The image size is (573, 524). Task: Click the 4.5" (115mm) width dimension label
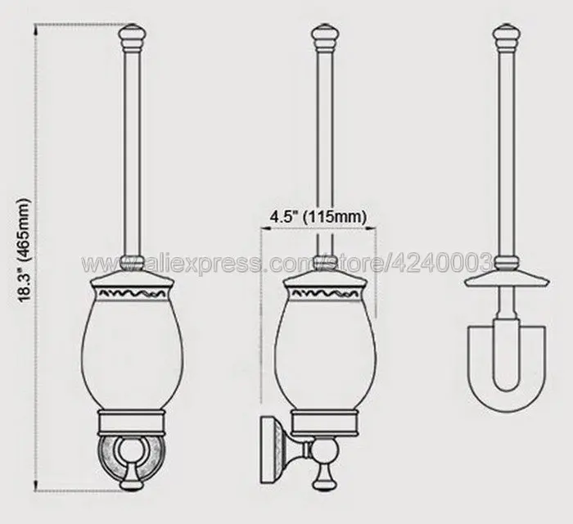(x=318, y=217)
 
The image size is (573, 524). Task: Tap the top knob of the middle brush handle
(x=325, y=37)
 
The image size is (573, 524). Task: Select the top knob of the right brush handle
(x=507, y=37)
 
